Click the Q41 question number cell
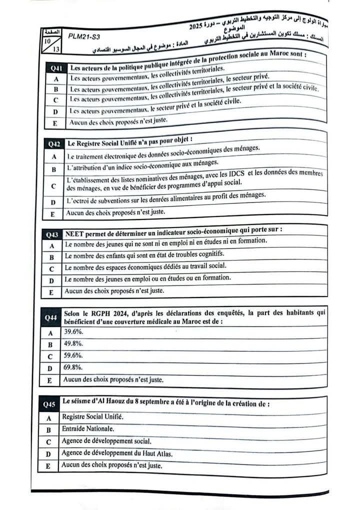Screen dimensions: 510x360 (56, 68)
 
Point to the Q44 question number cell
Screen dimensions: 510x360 (50, 317)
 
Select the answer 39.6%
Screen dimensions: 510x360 (73, 332)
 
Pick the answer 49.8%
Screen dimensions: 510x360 (73, 344)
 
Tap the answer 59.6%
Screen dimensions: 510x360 (73, 356)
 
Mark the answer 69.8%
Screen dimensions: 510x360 (73, 368)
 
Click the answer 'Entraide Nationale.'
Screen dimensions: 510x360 (88, 429)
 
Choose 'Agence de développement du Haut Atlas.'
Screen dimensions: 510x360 (117, 453)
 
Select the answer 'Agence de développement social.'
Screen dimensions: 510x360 (106, 441)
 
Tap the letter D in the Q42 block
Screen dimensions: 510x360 (53, 202)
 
